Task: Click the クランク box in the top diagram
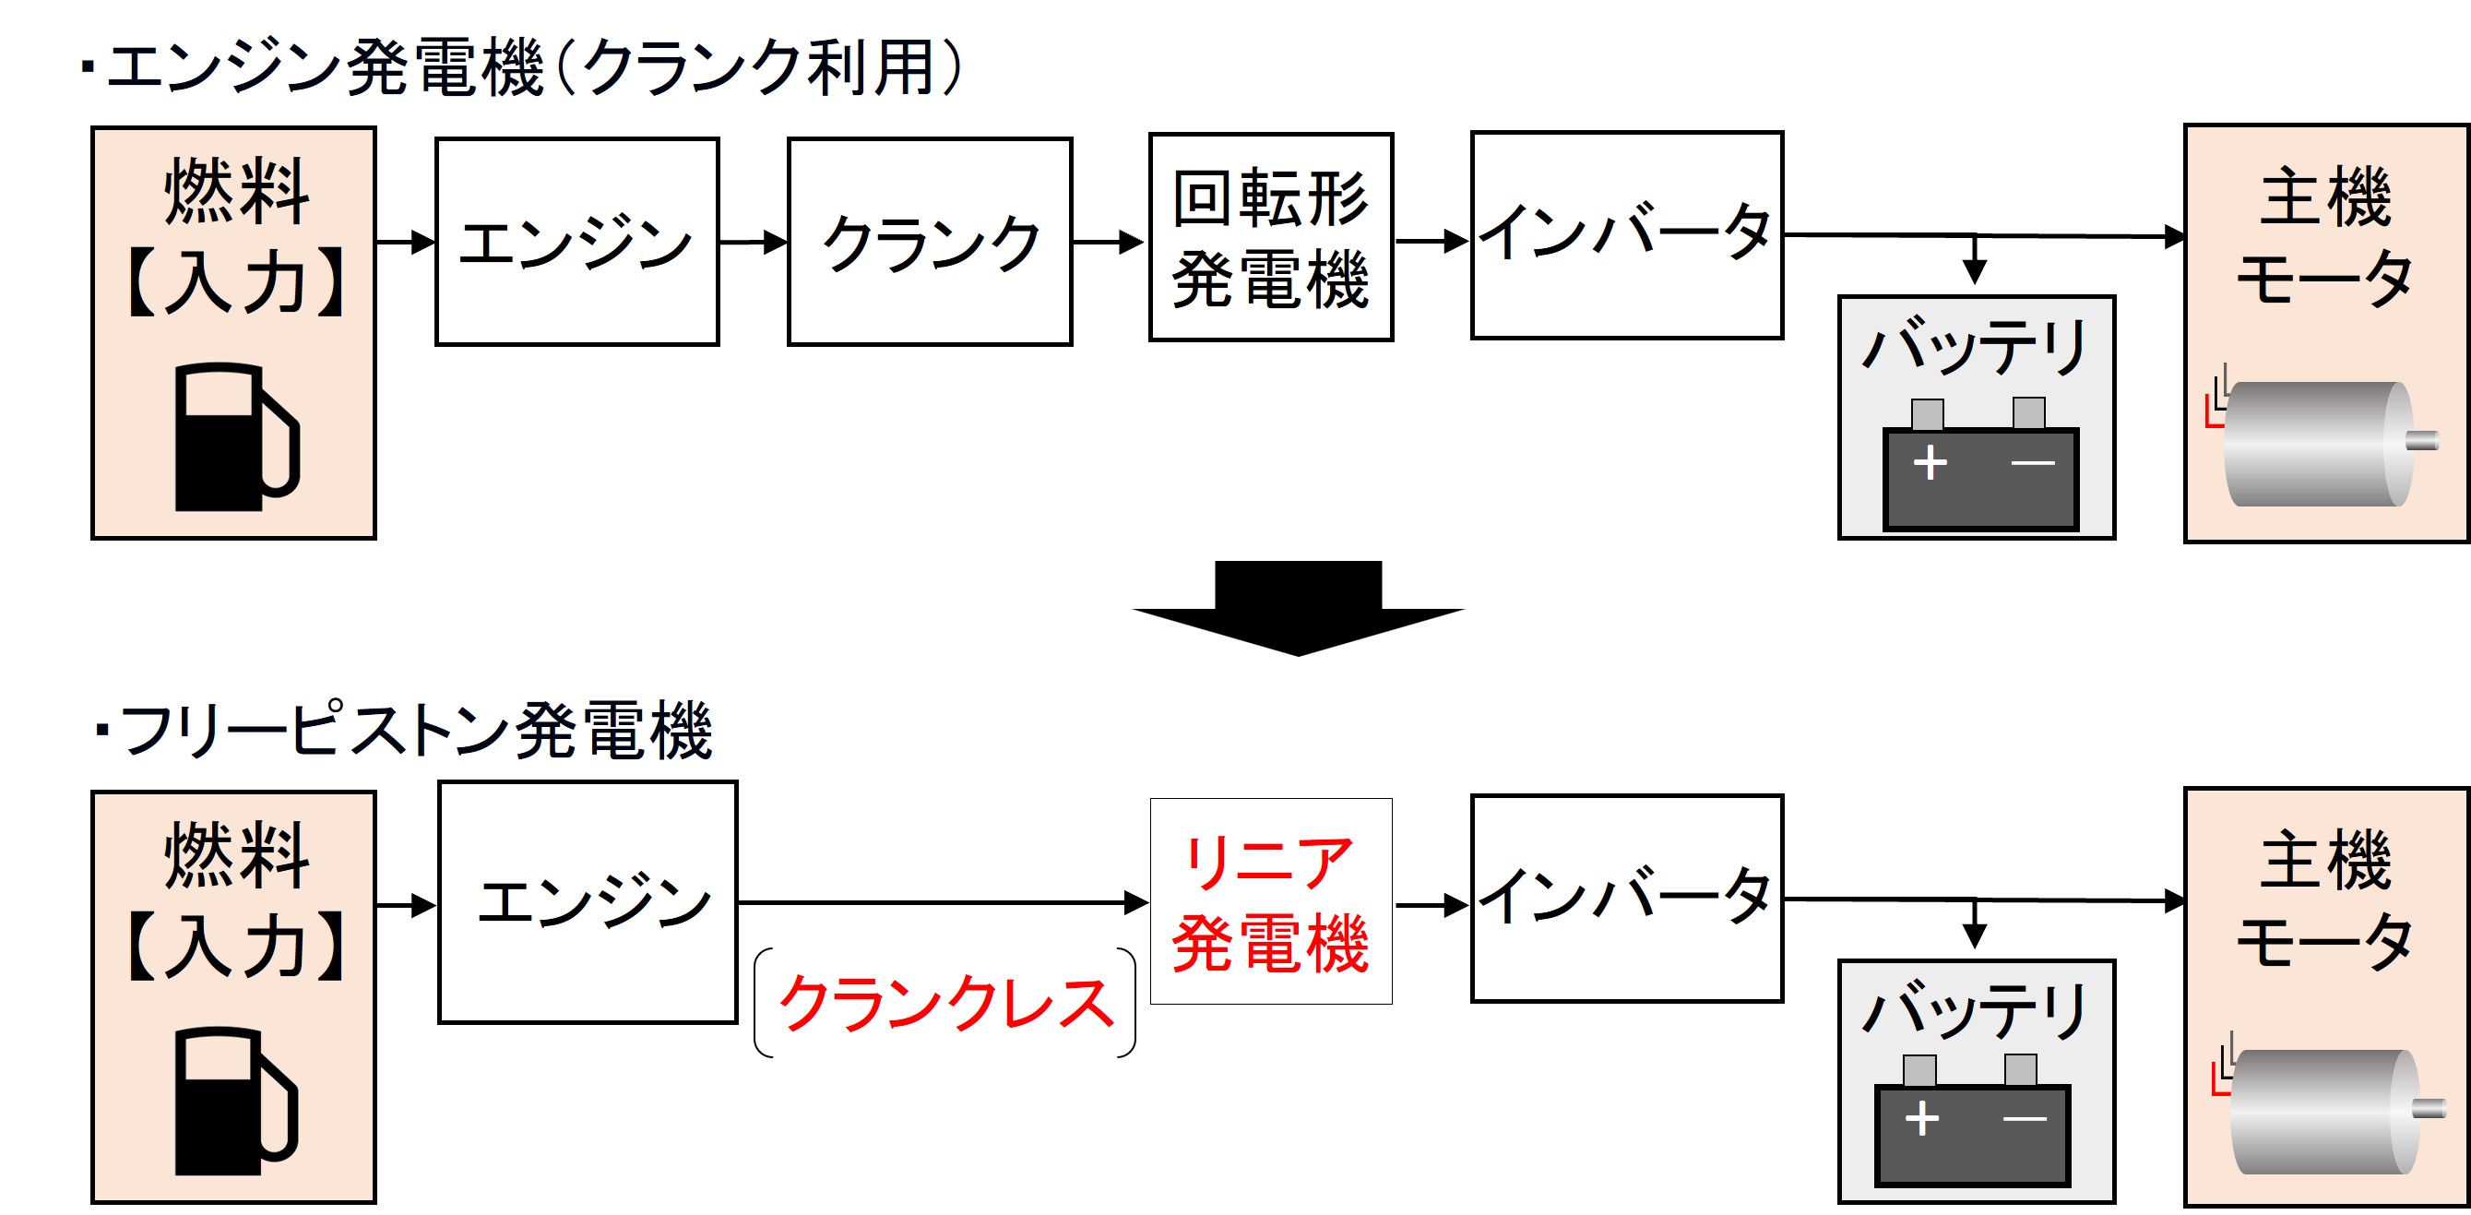(930, 242)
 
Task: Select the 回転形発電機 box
(1271, 238)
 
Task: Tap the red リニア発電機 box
(1271, 902)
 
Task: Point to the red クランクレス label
(945, 1004)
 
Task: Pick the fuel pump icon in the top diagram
(236, 436)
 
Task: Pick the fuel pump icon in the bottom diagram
(236, 1102)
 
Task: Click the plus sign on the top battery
(1930, 463)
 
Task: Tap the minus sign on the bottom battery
(2024, 1119)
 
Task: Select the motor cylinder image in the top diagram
(2317, 445)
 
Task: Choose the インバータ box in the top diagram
(1627, 236)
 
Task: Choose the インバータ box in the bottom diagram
(1627, 899)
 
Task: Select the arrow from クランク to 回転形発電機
(1109, 242)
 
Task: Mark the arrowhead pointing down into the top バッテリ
(1974, 271)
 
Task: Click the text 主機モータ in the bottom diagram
(2325, 901)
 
